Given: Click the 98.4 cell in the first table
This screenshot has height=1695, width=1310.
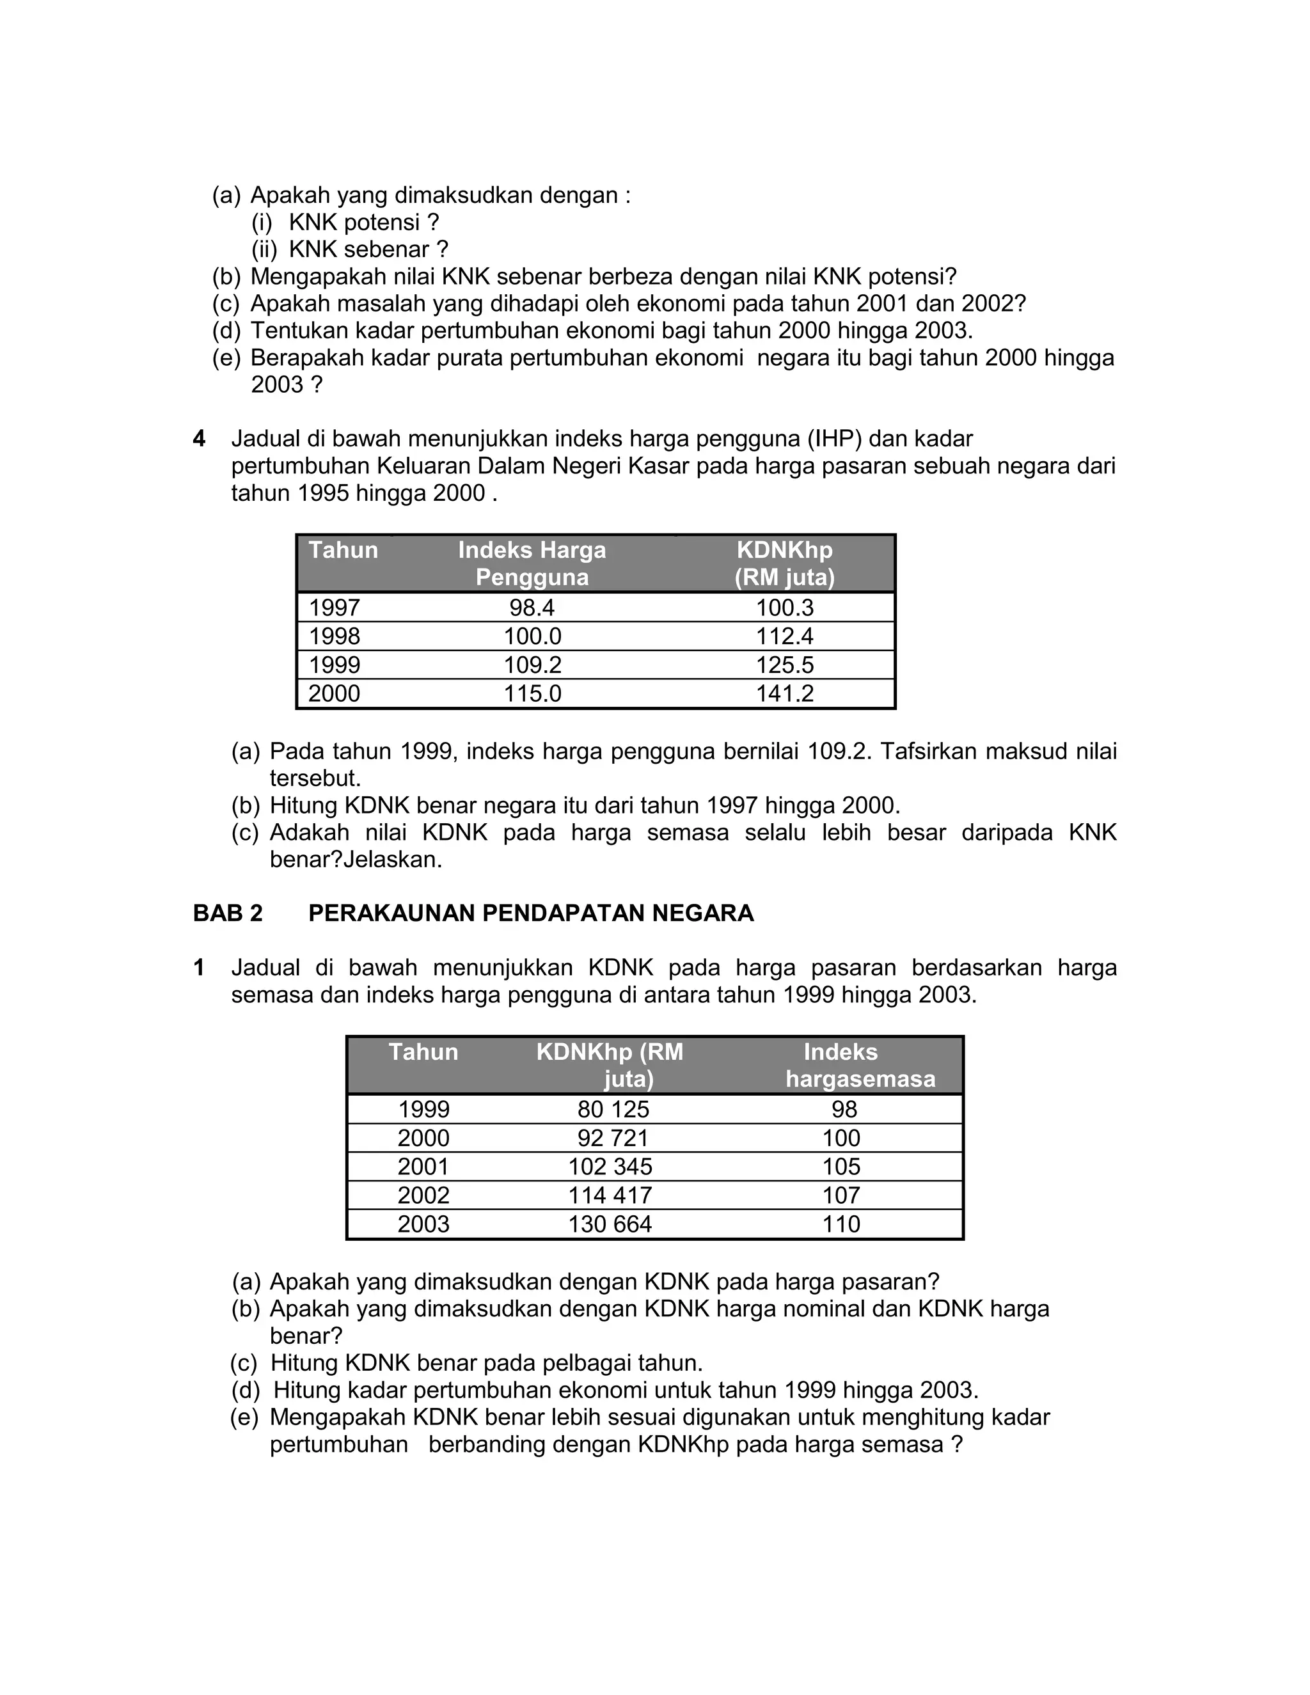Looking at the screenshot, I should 532,608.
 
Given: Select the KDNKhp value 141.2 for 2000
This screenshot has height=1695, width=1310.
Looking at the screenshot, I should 785,693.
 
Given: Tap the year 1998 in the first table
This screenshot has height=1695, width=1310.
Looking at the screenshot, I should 335,636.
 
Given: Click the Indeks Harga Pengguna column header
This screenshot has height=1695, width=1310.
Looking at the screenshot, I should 532,564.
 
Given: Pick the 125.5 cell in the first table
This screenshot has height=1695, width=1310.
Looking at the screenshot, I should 785,665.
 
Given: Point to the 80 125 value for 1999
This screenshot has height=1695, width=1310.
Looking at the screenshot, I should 613,1109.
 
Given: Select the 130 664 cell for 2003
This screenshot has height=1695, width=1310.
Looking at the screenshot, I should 610,1224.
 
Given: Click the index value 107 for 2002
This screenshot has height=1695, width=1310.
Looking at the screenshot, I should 841,1195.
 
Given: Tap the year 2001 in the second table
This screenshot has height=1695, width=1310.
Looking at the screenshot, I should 423,1167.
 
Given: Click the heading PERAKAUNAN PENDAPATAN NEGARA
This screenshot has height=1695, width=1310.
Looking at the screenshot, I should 531,913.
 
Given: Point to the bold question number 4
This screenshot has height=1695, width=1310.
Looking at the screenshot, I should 200,439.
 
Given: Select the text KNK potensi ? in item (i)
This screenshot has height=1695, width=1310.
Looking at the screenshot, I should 363,223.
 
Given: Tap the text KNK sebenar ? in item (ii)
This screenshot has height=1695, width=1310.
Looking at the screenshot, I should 368,250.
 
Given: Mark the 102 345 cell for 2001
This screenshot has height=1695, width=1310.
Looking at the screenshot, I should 610,1167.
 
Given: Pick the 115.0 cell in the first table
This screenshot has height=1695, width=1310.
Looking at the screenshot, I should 532,693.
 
